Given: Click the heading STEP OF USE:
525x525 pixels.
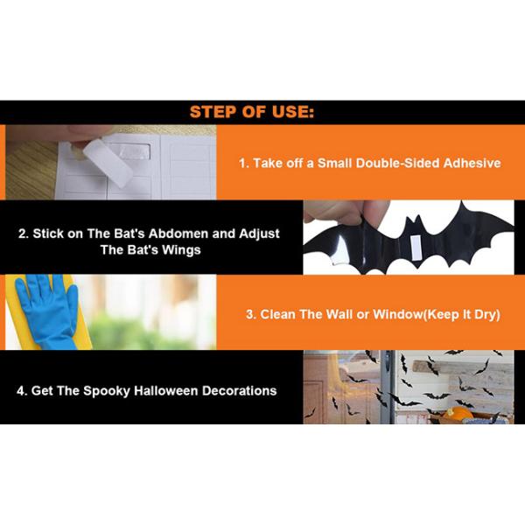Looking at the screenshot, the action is [x=252, y=112].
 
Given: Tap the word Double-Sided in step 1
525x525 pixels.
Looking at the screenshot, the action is [x=396, y=163].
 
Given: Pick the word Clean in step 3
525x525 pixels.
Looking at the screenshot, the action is [x=277, y=314].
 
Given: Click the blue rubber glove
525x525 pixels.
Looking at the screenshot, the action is [x=47, y=311].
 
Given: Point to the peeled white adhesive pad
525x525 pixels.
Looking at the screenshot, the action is [x=108, y=162].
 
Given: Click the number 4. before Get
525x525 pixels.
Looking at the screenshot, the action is [x=22, y=391].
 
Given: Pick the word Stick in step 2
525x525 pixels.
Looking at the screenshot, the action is [x=48, y=234].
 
